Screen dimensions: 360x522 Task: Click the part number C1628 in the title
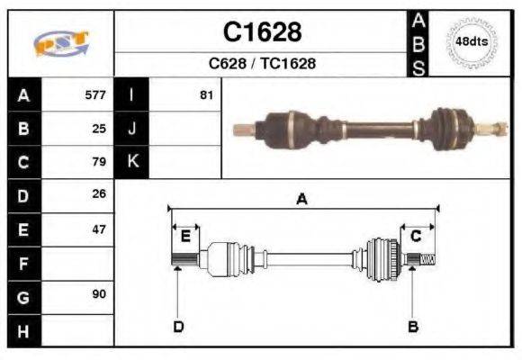pyautogui.click(x=262, y=32)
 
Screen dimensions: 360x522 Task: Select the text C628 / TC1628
pyautogui.click(x=262, y=64)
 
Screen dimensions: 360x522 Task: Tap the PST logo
pyautogui.click(x=60, y=43)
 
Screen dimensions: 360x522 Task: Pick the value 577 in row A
pyautogui.click(x=95, y=94)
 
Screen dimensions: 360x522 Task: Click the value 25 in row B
pyautogui.click(x=99, y=128)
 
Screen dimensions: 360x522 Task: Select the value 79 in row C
pyautogui.click(x=99, y=162)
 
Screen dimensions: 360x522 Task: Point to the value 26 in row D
pyautogui.click(x=99, y=193)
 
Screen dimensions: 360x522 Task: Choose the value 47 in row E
pyautogui.click(x=99, y=229)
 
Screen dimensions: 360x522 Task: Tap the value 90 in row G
pyautogui.click(x=99, y=295)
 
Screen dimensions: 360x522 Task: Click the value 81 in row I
pyautogui.click(x=206, y=94)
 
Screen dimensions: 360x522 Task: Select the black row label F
pyautogui.click(x=22, y=264)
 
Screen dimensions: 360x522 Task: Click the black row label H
pyautogui.click(x=22, y=330)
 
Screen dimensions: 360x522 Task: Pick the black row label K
pyautogui.click(x=131, y=162)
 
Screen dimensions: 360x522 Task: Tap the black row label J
pyautogui.click(x=131, y=128)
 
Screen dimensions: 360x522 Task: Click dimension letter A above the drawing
pyautogui.click(x=301, y=200)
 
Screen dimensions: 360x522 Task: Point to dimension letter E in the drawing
pyautogui.click(x=185, y=237)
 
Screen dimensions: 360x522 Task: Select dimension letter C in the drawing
pyautogui.click(x=416, y=236)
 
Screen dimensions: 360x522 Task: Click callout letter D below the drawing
pyautogui.click(x=178, y=326)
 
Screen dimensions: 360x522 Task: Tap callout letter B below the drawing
pyautogui.click(x=413, y=326)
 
